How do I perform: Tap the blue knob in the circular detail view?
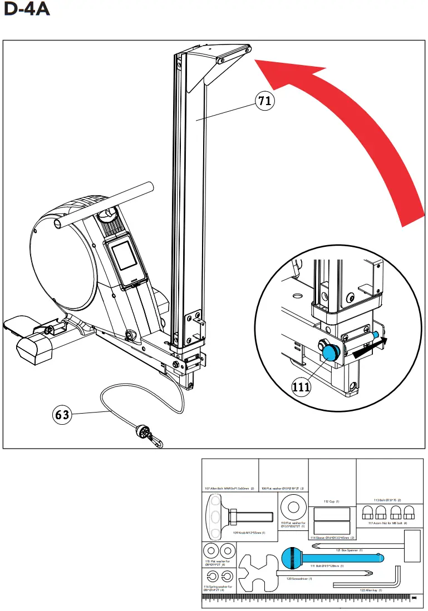point(332,352)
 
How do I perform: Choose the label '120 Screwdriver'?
point(299,578)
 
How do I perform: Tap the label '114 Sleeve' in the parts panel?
point(332,538)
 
